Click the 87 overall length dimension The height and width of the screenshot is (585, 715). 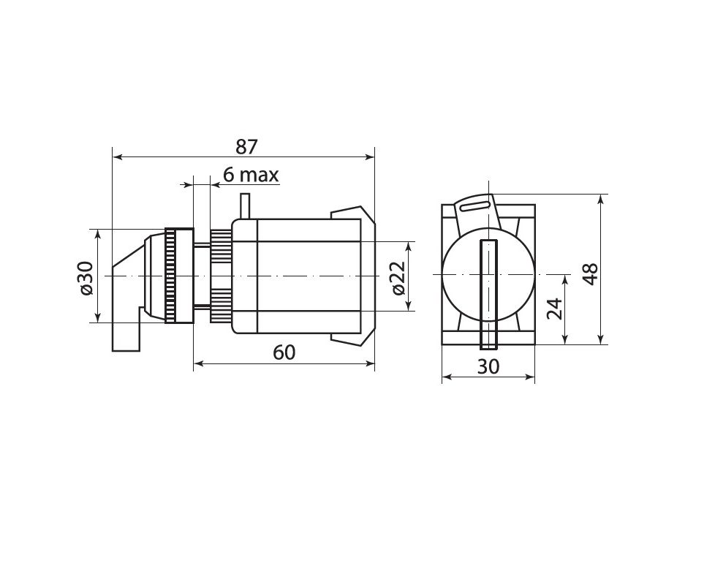pyautogui.click(x=246, y=147)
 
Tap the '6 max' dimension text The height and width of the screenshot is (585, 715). pyautogui.click(x=251, y=175)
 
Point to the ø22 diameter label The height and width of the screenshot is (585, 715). pyautogui.click(x=398, y=278)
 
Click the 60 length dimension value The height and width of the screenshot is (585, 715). pyautogui.click(x=284, y=352)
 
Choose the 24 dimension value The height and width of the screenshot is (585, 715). pyautogui.click(x=554, y=309)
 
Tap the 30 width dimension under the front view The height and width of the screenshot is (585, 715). pyautogui.click(x=488, y=366)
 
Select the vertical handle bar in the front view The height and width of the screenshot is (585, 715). pyautogui.click(x=488, y=295)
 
